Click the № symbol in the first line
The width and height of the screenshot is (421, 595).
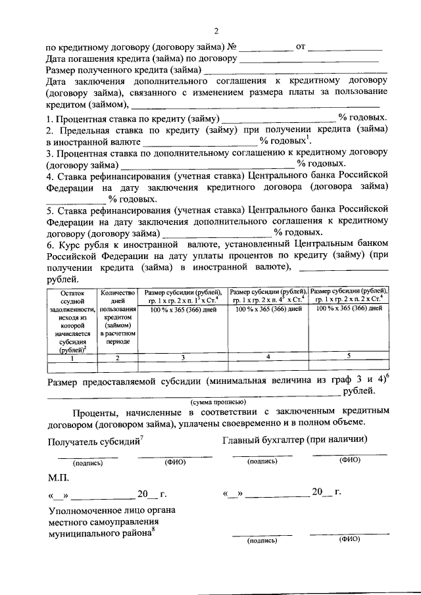pyautogui.click(x=231, y=47)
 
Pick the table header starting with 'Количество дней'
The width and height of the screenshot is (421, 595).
pyautogui.click(x=117, y=316)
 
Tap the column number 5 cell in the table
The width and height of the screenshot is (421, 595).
pyautogui.click(x=349, y=356)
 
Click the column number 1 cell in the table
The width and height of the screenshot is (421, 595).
pyautogui.click(x=71, y=358)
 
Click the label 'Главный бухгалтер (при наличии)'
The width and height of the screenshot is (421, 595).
pyautogui.click(x=295, y=439)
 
